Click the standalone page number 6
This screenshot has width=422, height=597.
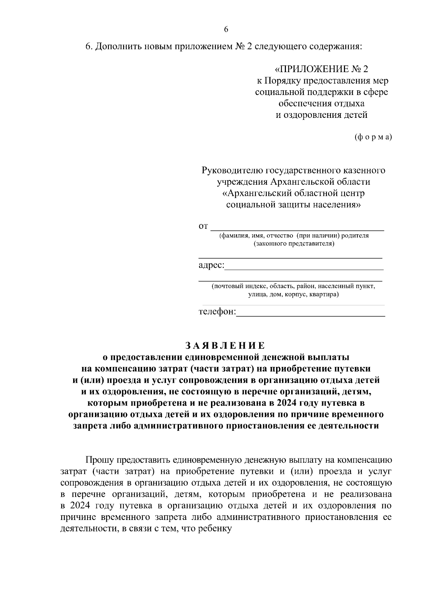(226, 30)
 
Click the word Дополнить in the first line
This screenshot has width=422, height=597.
(118, 47)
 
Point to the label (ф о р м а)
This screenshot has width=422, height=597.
(373, 137)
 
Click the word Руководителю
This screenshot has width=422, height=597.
(232, 171)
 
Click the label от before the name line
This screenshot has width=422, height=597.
(204, 226)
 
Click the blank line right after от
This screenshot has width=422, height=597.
(297, 229)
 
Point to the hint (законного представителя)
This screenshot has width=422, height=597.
(294, 243)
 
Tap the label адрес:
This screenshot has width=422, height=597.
(211, 265)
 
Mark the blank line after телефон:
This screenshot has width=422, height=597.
(311, 315)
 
